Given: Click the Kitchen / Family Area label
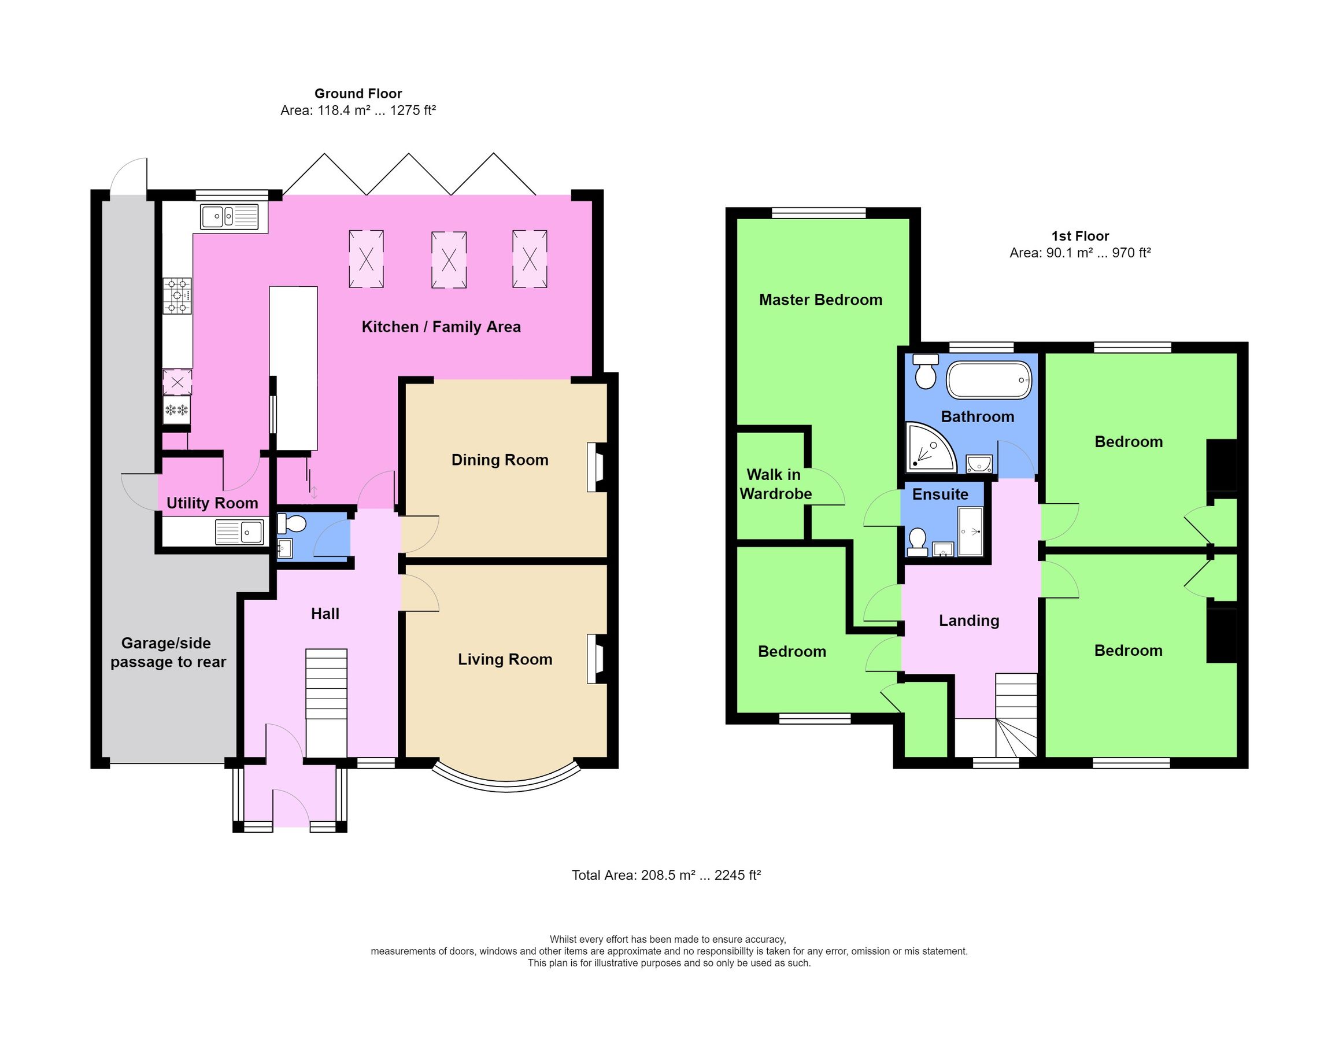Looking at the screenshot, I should [x=441, y=327].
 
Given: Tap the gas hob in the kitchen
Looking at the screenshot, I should [x=176, y=296].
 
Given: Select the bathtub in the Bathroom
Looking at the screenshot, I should [x=989, y=381].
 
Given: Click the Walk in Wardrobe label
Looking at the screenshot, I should [x=775, y=484].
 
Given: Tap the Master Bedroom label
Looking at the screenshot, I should [x=820, y=300].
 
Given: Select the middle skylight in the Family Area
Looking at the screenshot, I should [x=449, y=260].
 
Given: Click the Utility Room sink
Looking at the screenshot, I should [x=240, y=532].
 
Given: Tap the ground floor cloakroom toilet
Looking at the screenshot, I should [x=292, y=524].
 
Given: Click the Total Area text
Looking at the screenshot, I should [x=666, y=876].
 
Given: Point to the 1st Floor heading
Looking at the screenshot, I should [x=1079, y=236].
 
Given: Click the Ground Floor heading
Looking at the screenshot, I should [x=358, y=94].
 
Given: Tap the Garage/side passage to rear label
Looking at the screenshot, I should [x=168, y=653].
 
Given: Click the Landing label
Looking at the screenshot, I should [x=968, y=621].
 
